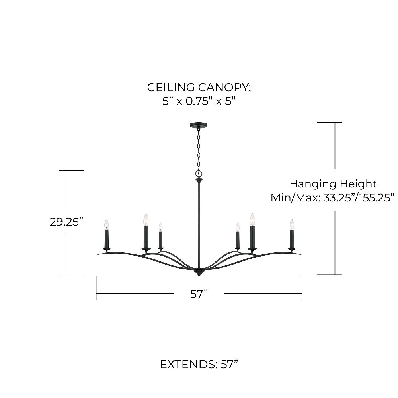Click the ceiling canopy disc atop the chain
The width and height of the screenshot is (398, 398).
point(199,125)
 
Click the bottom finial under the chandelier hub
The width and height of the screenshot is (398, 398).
point(199,273)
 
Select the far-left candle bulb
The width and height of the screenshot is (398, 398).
point(107,224)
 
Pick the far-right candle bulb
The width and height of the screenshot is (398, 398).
point(292,224)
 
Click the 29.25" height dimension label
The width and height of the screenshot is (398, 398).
point(66,222)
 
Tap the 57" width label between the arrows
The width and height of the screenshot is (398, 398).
point(199,294)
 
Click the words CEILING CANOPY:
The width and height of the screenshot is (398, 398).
point(199,88)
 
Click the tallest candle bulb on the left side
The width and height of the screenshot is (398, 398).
point(146,220)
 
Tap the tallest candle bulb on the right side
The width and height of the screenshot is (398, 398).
point(252,220)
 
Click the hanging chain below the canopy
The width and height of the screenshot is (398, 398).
point(199,149)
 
